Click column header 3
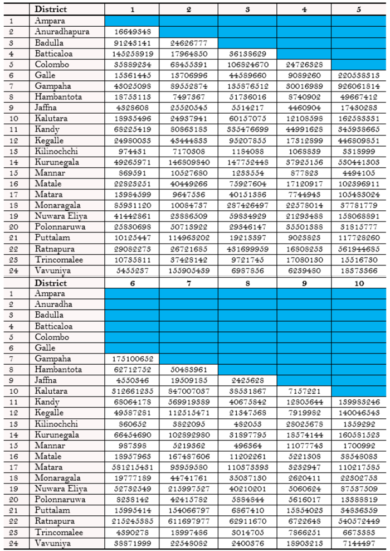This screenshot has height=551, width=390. [247, 9]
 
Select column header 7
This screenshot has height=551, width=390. [189, 283]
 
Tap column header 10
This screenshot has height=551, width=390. [359, 283]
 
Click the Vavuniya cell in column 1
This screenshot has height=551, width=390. [132, 270]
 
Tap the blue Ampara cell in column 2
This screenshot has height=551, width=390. [189, 21]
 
